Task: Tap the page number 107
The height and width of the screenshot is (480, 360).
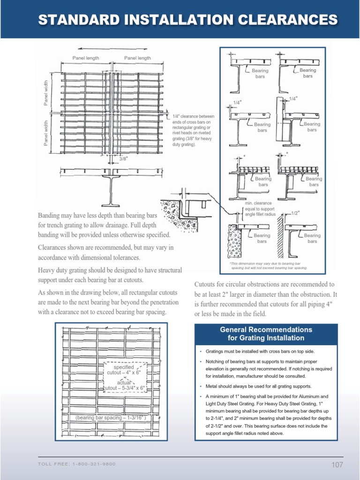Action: pos(337,465)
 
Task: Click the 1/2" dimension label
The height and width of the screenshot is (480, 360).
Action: pos(294,213)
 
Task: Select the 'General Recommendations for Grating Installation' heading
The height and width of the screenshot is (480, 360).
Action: pos(266,333)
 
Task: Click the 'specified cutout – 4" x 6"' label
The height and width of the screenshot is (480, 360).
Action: pos(124,369)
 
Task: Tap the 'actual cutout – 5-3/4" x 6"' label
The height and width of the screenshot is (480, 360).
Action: pos(124,385)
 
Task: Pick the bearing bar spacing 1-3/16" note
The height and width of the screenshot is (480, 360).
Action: pos(111,417)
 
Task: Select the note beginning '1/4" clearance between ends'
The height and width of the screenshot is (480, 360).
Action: pos(193,130)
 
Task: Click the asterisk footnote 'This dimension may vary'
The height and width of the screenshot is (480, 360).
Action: pos(268,266)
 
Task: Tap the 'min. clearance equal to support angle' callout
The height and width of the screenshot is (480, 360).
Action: pos(260,209)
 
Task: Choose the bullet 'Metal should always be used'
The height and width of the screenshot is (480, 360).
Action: pos(258,386)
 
